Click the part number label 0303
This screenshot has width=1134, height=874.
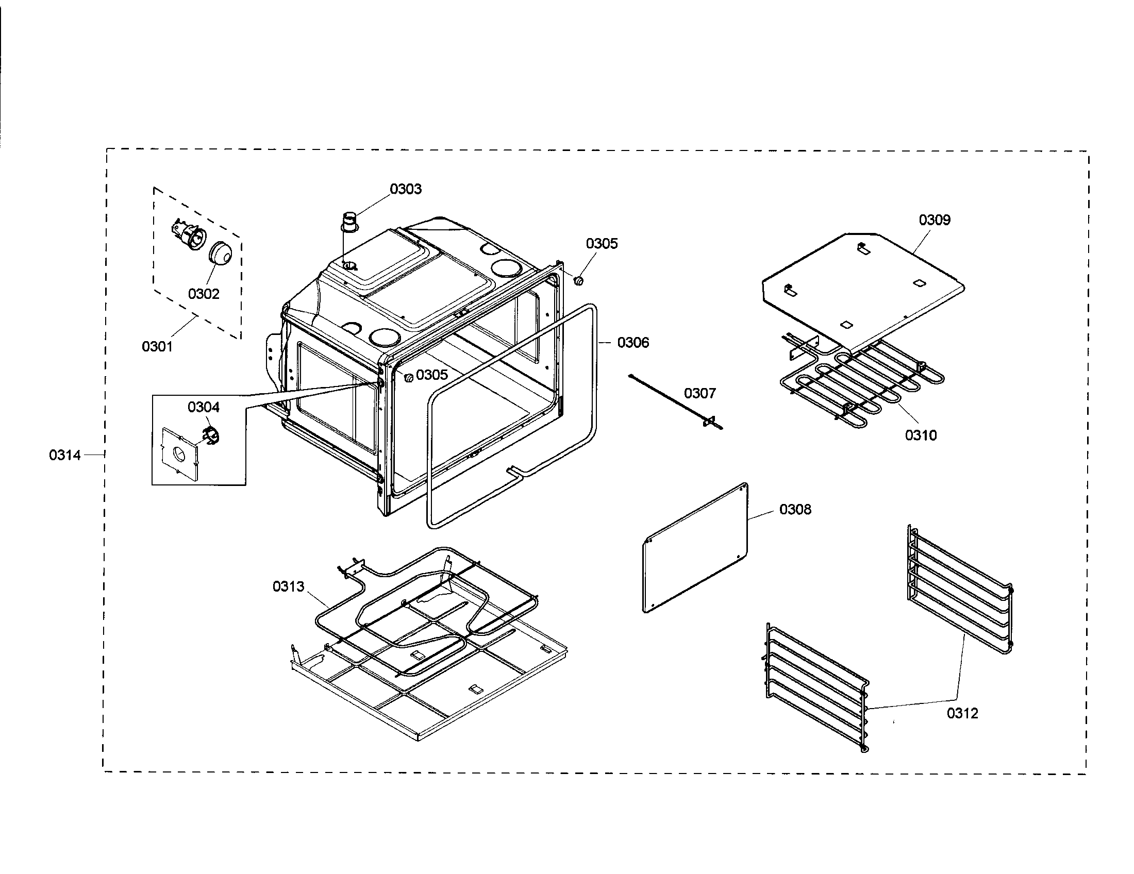coord(406,189)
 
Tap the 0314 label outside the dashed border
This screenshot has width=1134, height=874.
coord(65,455)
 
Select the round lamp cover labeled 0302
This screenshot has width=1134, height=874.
coord(221,253)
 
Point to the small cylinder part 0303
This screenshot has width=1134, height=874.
coord(351,223)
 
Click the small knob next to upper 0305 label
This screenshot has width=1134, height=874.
coord(578,281)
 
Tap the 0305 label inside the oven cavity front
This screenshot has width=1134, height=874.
coord(431,375)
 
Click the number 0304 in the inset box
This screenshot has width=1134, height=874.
coord(204,408)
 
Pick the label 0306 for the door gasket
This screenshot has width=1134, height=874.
coord(633,343)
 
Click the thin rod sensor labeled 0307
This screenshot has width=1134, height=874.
coord(675,402)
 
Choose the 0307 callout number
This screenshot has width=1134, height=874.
coord(699,393)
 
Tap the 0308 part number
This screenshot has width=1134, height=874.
coord(795,510)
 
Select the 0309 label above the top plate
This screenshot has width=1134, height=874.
coord(935,220)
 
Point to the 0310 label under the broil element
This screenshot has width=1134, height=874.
coord(921,435)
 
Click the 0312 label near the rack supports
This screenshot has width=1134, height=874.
coord(962,714)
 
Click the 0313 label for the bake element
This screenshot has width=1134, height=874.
coord(288,586)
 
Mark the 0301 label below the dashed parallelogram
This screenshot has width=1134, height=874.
coord(157,347)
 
